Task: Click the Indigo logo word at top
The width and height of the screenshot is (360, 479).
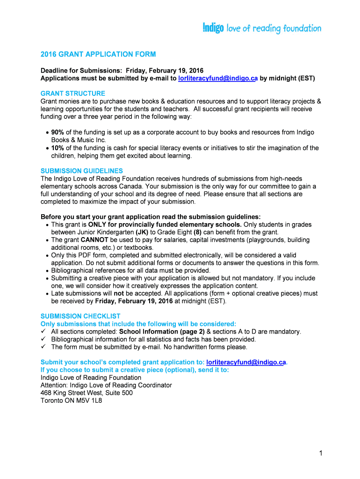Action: coord(214,28)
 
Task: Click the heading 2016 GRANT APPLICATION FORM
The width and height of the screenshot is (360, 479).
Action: coord(98,54)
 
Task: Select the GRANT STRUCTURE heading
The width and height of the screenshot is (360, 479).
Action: coord(73,94)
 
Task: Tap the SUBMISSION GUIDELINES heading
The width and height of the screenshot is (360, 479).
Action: coord(82,171)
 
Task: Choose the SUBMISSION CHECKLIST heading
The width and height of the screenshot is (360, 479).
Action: coord(80,316)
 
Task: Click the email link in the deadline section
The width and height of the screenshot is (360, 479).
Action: coord(218,79)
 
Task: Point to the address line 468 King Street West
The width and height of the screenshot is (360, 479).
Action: coord(86,393)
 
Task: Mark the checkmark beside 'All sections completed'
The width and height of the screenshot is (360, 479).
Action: coord(43,332)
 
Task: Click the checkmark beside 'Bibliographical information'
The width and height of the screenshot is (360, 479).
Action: coord(43,339)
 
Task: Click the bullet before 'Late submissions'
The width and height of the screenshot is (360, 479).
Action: coord(48,294)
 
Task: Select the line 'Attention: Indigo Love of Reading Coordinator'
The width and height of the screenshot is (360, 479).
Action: coord(106,385)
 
